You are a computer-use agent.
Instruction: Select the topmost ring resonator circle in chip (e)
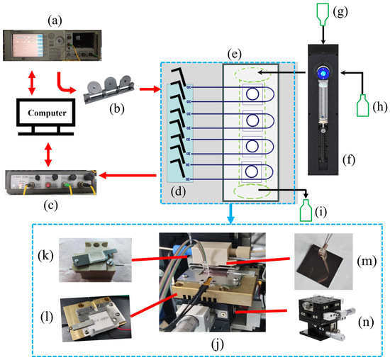pyautogui.click(x=251, y=94)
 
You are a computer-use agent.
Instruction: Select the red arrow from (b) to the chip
pyautogui.click(x=150, y=91)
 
